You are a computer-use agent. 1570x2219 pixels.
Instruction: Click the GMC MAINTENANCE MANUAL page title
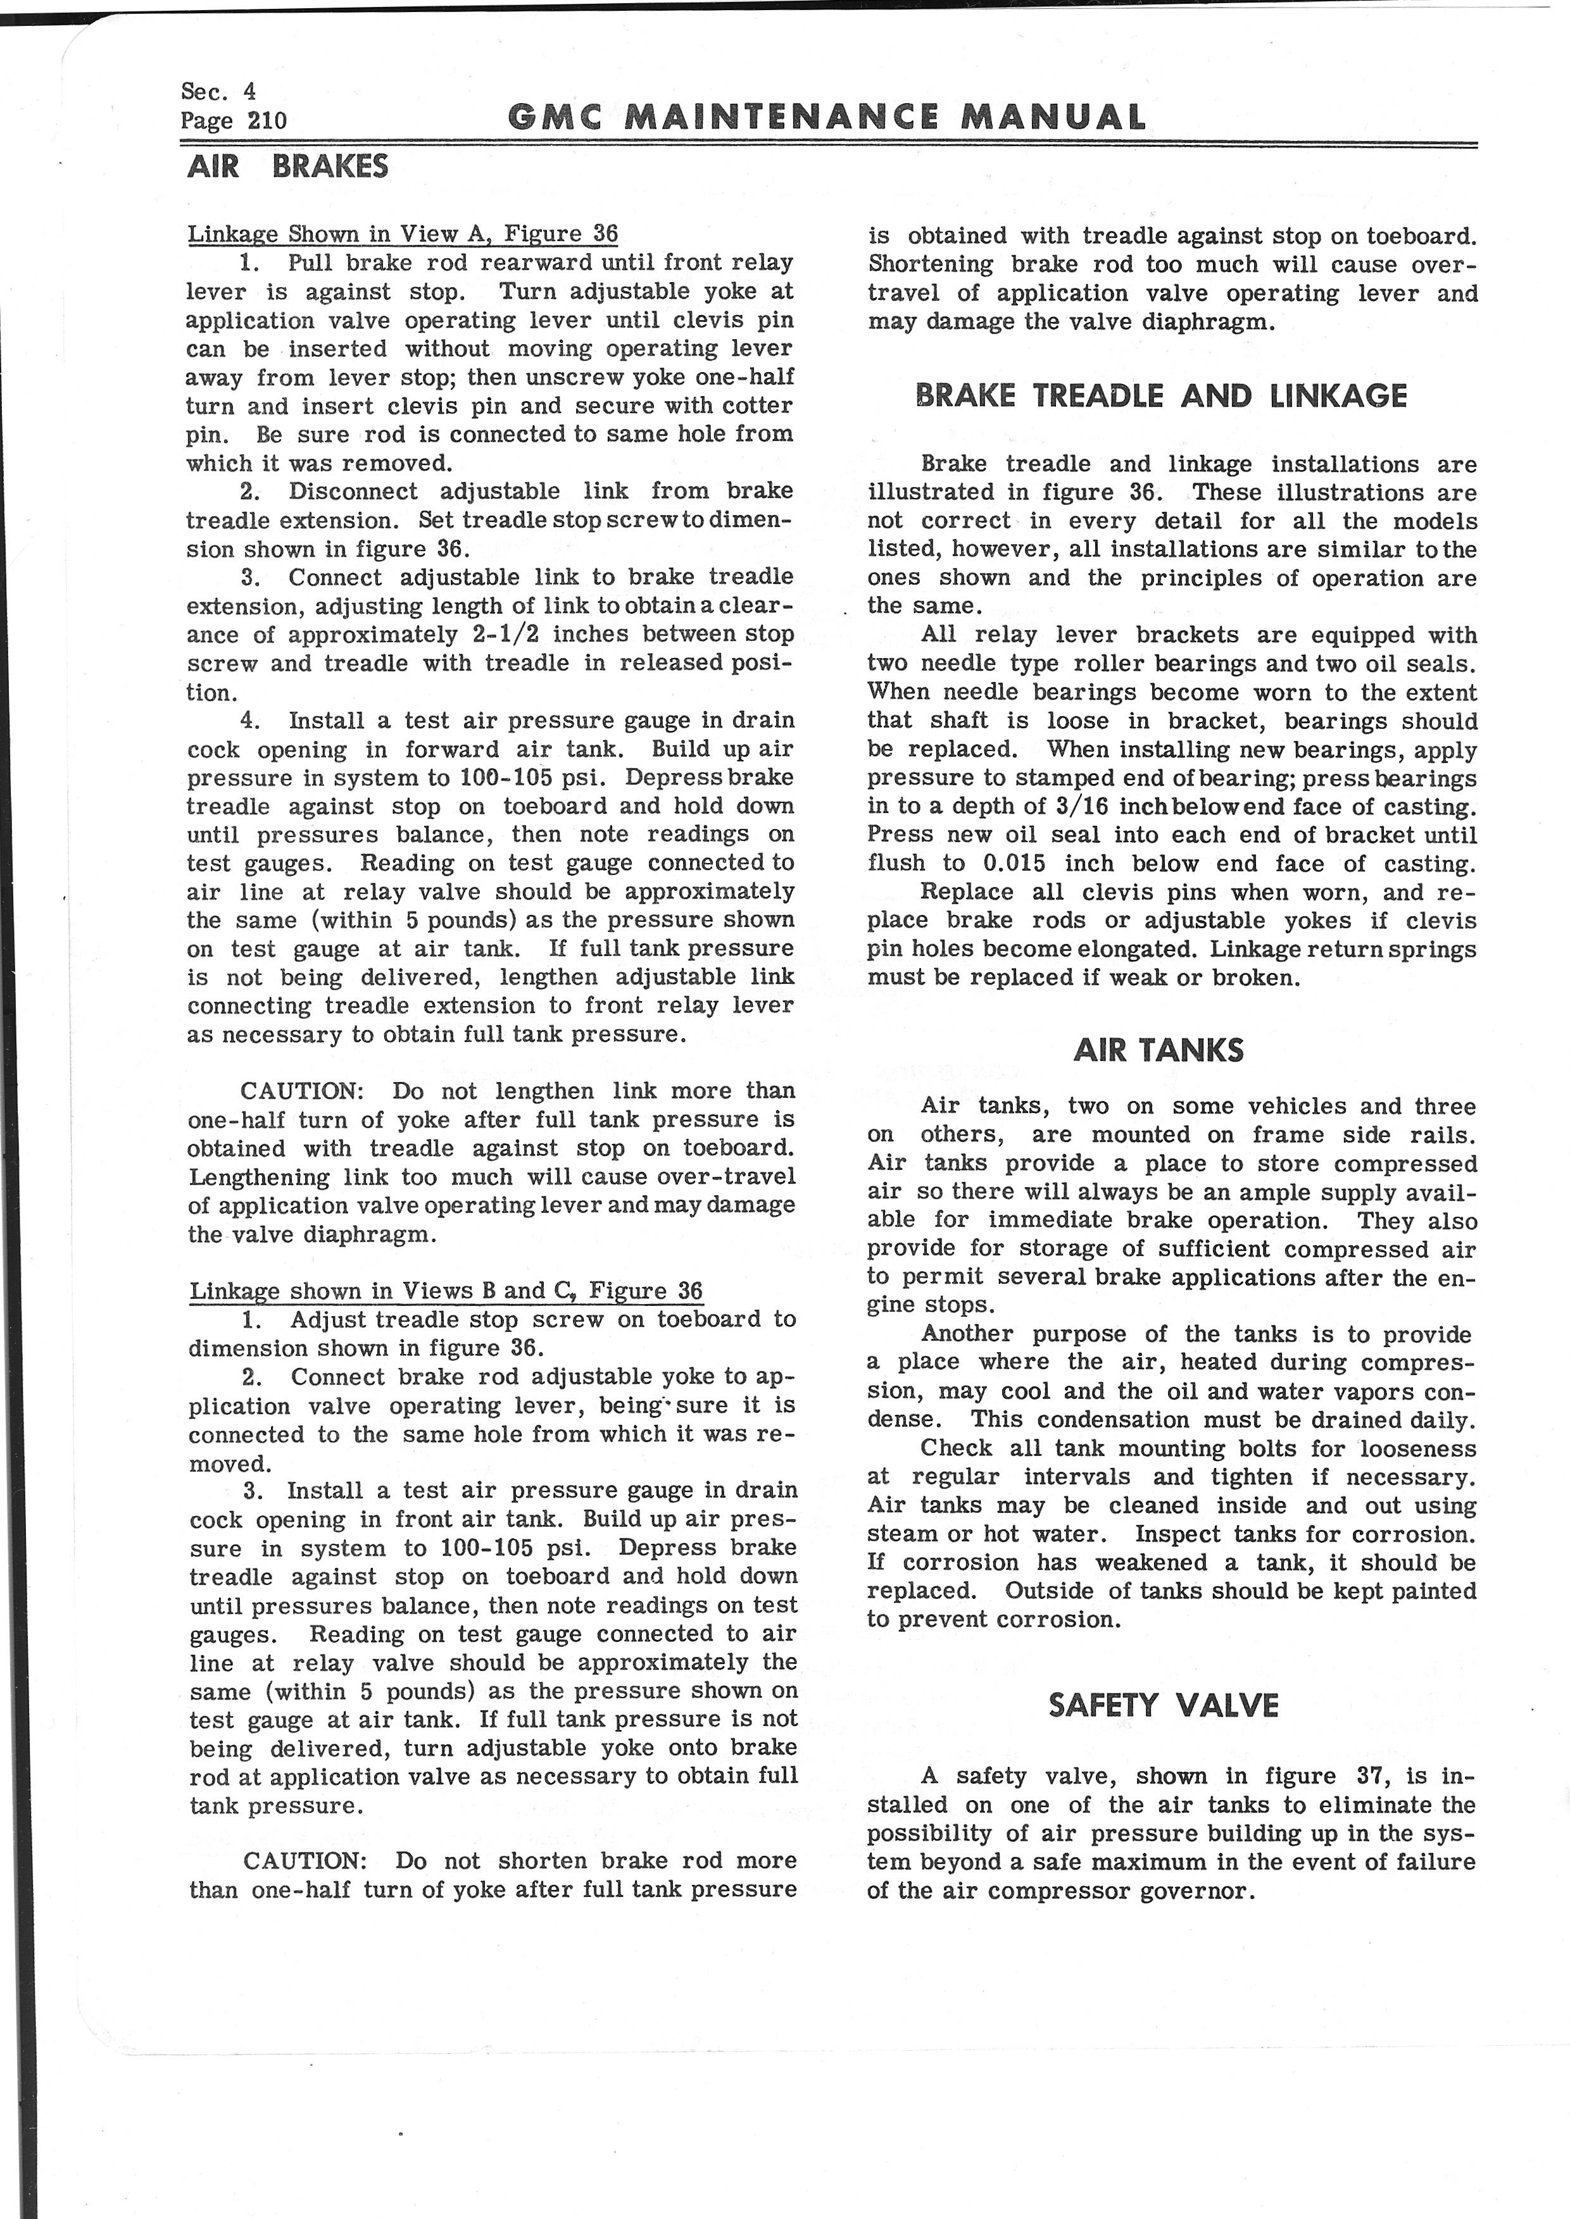coord(827,118)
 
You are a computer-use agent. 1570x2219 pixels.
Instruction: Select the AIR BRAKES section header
coord(287,166)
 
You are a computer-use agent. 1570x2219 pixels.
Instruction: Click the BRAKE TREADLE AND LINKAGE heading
coord(1160,395)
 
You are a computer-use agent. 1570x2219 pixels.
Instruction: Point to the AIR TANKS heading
coord(1158,1050)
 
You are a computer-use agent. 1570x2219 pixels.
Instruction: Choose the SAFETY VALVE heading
coord(1163,1705)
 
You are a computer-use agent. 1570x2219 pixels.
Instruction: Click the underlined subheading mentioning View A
coord(402,234)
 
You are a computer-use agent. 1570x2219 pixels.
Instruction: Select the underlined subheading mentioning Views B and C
coord(446,1291)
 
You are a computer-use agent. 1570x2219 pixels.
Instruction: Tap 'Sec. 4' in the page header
coord(218,91)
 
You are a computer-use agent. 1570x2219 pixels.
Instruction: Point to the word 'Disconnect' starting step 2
coord(353,491)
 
